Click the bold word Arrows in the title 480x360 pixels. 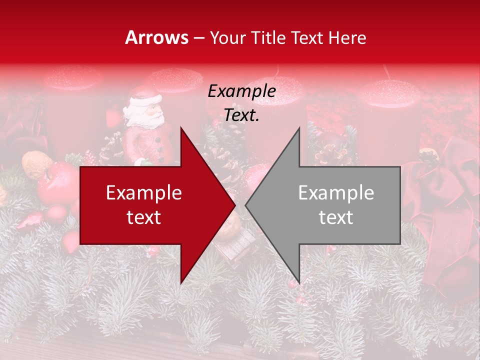(157, 37)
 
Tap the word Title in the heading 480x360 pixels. (269, 37)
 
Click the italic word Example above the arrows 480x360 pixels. (241, 91)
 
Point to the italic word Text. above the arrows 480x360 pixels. (241, 115)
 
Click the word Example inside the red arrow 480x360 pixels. (143, 193)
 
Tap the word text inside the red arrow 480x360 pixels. (143, 217)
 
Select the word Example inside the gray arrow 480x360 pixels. (336, 193)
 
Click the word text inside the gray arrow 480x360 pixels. (336, 217)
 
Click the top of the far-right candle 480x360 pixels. (389, 92)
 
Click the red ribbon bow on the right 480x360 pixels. (440, 200)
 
